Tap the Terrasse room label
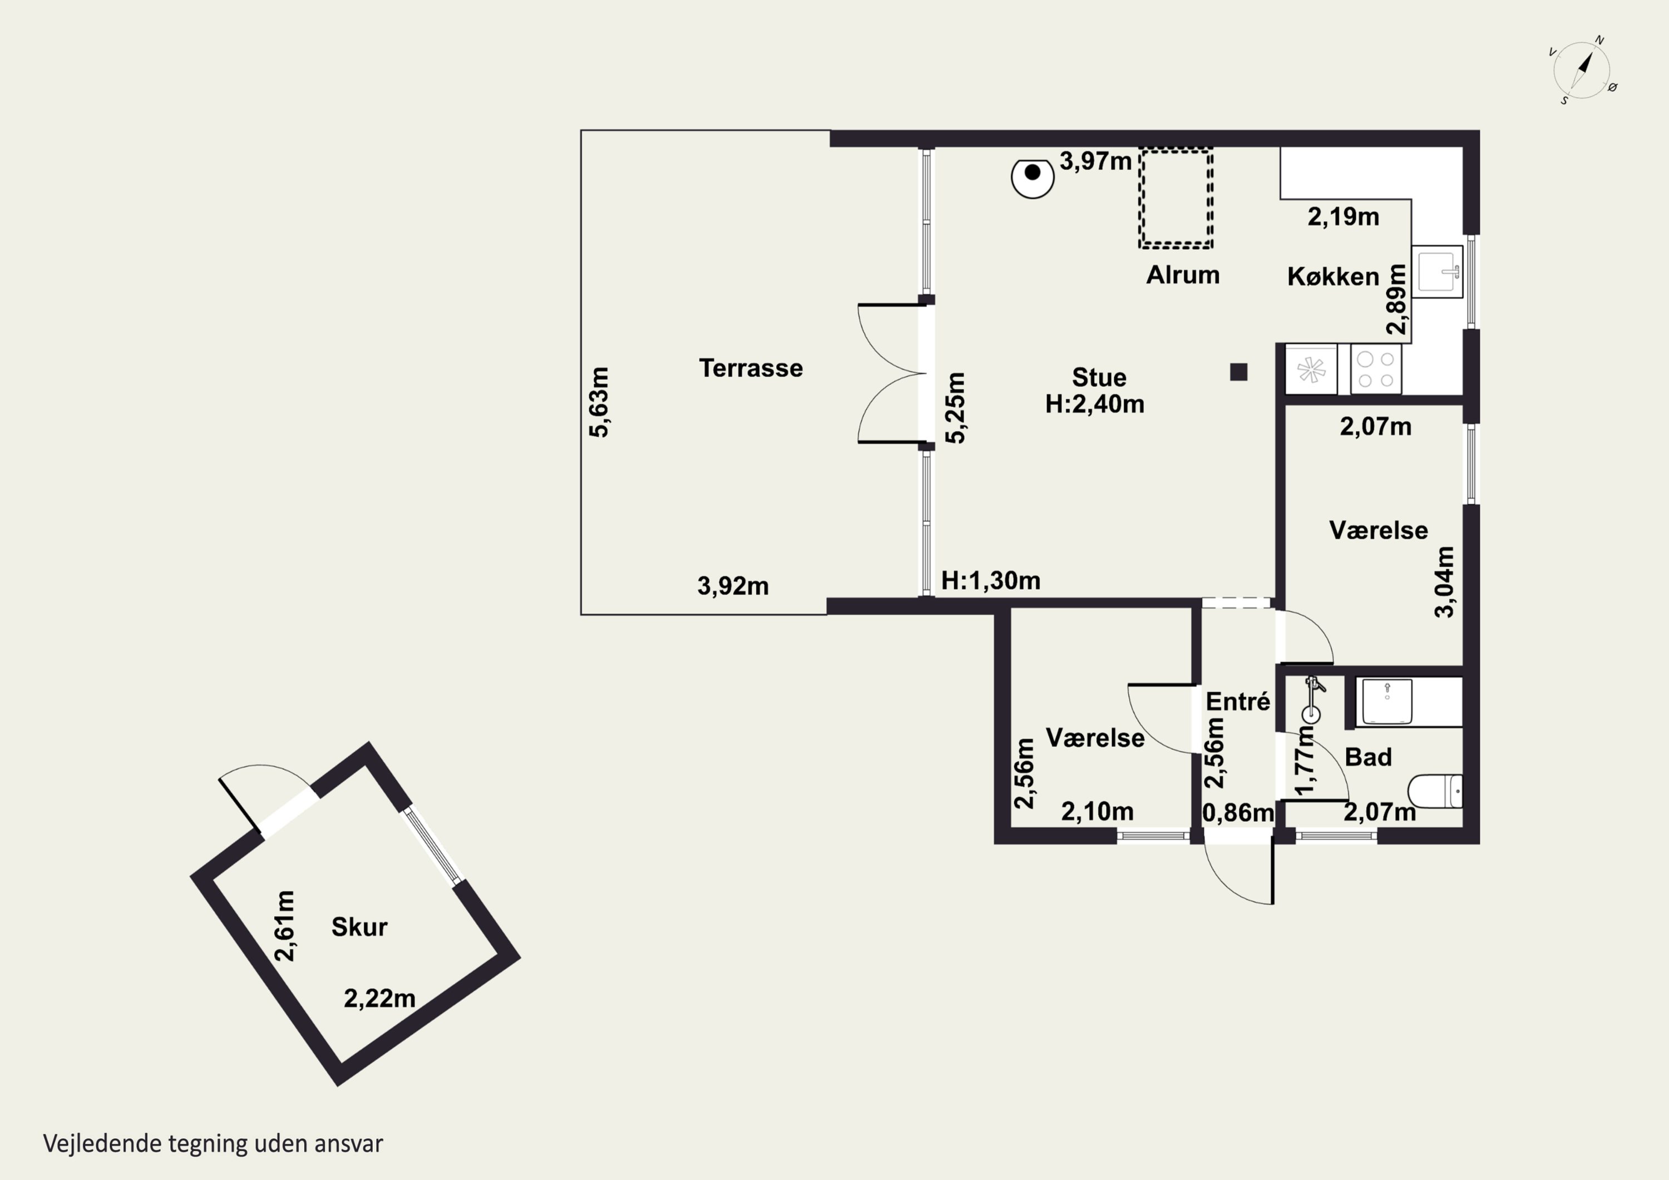coord(751,368)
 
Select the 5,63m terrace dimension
coord(599,402)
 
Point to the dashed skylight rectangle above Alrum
coord(1176,198)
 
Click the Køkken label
coord(1333,277)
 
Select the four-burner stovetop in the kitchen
coord(1376,369)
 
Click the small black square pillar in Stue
coord(1238,372)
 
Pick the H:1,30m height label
coord(991,580)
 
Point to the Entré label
coord(1238,702)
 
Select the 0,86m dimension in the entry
coord(1238,813)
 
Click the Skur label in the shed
coord(359,927)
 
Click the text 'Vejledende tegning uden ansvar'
coord(213,1144)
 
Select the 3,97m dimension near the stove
coord(1095,161)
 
